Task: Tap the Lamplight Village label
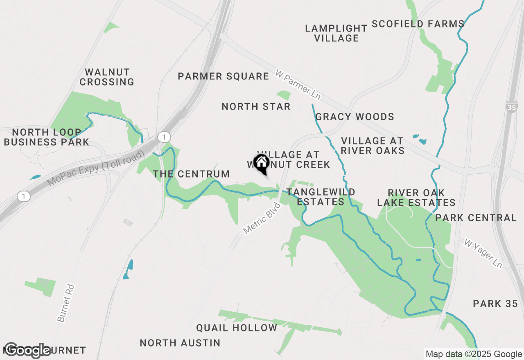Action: click(336, 33)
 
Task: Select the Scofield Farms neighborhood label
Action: click(418, 24)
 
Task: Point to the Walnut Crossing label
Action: click(107, 77)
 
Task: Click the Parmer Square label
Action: click(224, 76)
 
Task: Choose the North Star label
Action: click(256, 106)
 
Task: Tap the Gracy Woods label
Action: click(355, 117)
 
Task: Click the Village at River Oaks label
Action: click(372, 146)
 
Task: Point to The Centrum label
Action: click(191, 174)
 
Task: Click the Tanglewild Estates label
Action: click(321, 197)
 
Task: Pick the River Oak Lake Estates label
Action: click(416, 198)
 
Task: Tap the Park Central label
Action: click(476, 218)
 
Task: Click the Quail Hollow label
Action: click(237, 328)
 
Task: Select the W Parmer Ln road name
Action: click(298, 85)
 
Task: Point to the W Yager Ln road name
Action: click(483, 253)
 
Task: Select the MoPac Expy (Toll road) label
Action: click(96, 168)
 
